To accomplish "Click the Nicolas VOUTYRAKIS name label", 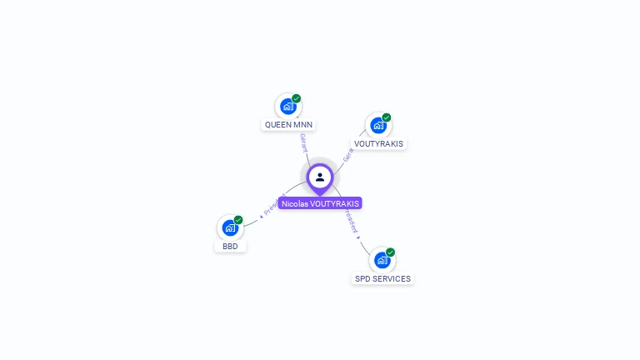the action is pos(320,203).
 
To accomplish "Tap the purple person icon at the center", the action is pos(320,177).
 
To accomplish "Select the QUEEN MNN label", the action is pos(288,125).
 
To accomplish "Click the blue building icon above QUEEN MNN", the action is pos(287,107).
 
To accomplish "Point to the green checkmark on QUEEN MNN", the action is pos(297,98).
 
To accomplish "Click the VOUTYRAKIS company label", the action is pos(378,143).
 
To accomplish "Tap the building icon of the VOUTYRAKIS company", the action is pos(377,126).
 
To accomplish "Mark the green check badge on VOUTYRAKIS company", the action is pos(387,117).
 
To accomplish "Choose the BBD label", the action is pos(230,247).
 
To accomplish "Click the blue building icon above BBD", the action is pos(230,227).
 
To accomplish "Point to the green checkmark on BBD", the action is pos(238,220).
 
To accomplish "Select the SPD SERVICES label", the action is pos(382,278).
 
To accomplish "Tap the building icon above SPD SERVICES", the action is pos(382,260).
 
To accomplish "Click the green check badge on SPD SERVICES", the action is pos(391,252).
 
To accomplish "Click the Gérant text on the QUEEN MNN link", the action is pos(303,142).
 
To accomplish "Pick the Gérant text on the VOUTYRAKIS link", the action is pos(348,155).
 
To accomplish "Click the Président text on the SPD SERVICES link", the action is pos(351,220).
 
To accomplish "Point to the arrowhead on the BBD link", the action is pos(262,215).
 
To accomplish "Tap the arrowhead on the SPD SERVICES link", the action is pos(359,237).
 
